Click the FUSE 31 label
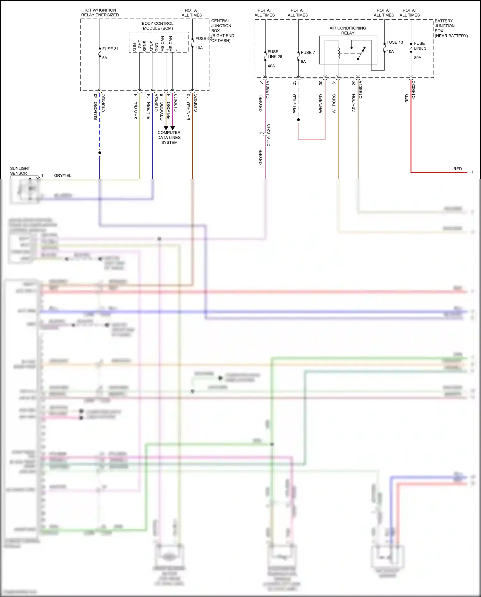pos(110,49)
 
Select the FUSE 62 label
pos(203,38)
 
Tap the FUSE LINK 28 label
pos(274,54)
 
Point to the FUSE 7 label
pos(308,52)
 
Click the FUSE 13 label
pos(394,42)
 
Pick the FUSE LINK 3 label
pos(419,46)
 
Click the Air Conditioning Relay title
pos(348,30)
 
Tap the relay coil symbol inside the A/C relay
pos(339,54)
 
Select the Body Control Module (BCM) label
pos(157,26)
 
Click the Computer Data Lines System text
pos(169,137)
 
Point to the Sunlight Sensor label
pos(20,171)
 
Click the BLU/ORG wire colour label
pos(96,111)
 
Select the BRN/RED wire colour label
pos(188,111)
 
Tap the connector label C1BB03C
pos(414,90)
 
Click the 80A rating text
pos(418,58)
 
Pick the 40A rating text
pos(271,66)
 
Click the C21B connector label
pos(269,129)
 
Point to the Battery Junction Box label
pos(451,28)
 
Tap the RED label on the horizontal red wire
pos(457,169)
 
